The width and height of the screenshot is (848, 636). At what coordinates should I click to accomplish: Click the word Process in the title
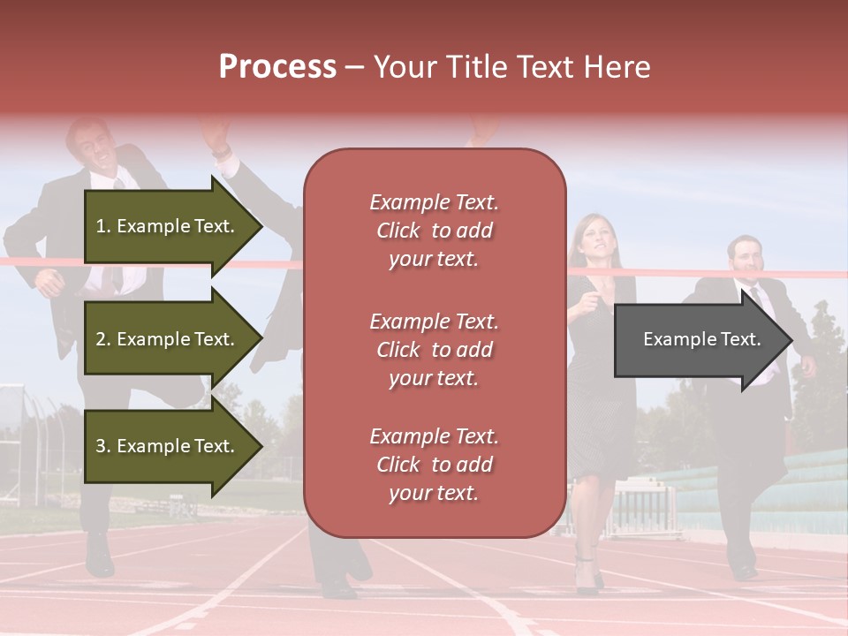point(277,67)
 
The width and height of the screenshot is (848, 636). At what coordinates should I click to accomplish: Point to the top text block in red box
point(434,231)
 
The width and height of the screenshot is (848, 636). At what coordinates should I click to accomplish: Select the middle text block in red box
point(434,350)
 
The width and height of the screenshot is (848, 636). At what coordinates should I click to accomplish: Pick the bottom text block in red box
point(434,465)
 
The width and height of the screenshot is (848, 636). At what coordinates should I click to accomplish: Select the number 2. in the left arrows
point(103,339)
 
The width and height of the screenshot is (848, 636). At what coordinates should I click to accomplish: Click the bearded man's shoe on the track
point(744,570)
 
